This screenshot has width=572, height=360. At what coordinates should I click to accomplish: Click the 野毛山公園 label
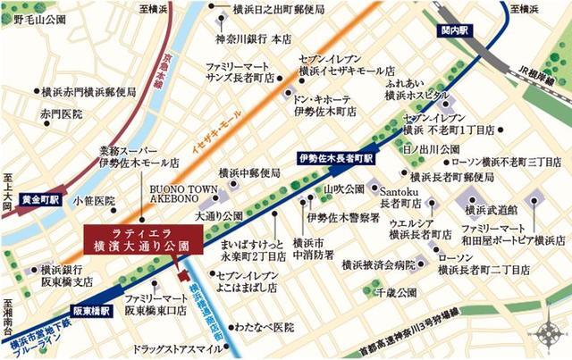pyautogui.click(x=29, y=17)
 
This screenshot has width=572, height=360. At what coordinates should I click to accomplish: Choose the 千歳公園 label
pyautogui.click(x=397, y=292)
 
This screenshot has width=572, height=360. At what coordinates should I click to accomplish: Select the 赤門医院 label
pyautogui.click(x=60, y=114)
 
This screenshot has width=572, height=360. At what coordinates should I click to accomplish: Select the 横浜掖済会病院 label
pyautogui.click(x=379, y=264)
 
